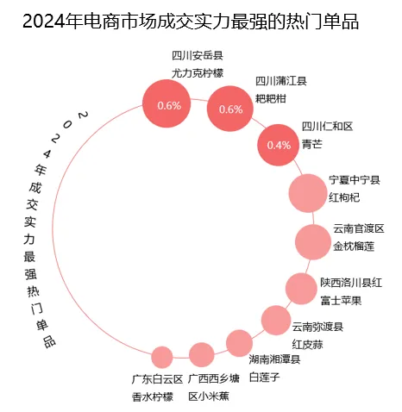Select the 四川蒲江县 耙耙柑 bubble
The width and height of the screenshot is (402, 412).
[x=230, y=109]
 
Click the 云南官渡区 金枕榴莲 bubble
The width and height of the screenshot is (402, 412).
[x=313, y=242]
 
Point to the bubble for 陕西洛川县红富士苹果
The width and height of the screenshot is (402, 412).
[x=301, y=290]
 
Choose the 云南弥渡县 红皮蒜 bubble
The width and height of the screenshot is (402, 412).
[x=275, y=321]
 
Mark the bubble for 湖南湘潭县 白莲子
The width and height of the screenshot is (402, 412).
[x=239, y=343]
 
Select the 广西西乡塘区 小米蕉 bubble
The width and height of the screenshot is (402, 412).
[x=201, y=354]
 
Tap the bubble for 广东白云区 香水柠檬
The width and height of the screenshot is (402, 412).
[x=161, y=356]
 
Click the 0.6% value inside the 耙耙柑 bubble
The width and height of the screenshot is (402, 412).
[x=230, y=109]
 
